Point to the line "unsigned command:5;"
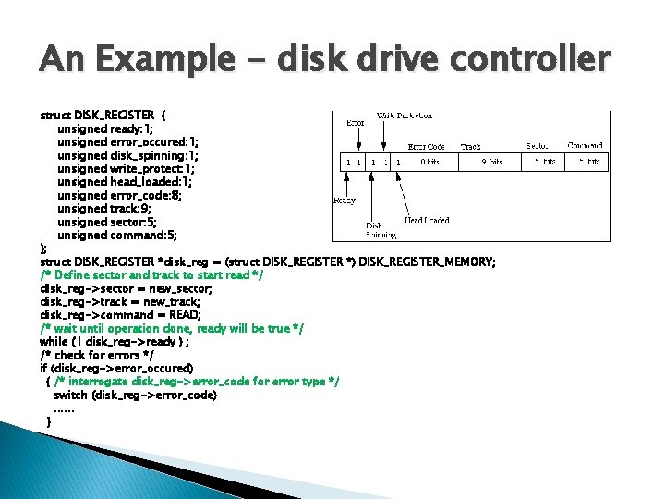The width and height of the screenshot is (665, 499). click(115, 236)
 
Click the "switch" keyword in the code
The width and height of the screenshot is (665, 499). click(70, 396)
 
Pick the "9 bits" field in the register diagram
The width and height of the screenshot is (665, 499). click(491, 162)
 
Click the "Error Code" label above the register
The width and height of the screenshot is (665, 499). click(427, 146)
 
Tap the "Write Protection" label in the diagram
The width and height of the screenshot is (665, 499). click(405, 116)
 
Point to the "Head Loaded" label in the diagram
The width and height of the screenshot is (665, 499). click(427, 220)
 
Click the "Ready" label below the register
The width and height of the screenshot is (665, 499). click(345, 200)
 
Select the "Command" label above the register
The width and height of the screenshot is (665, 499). click(586, 146)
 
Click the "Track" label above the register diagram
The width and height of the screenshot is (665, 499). click(471, 146)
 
